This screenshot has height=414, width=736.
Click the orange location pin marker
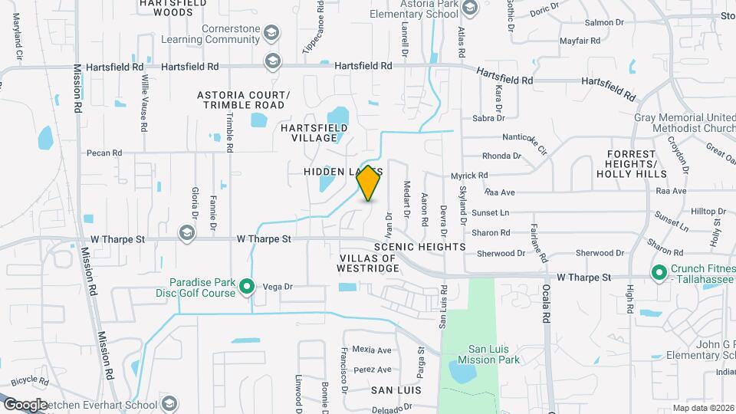point(369,183)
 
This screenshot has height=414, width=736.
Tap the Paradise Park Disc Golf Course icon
point(247,287)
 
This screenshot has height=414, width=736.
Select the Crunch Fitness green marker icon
point(658,272)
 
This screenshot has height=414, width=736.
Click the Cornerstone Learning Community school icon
point(271,33)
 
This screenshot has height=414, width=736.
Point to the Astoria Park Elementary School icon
point(469,8)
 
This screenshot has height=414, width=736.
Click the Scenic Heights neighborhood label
point(420,247)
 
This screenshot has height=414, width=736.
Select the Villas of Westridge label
point(368,263)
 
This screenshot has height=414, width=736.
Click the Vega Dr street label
point(278,287)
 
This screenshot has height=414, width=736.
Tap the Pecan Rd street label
point(104,153)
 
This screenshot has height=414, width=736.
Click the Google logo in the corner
point(25,404)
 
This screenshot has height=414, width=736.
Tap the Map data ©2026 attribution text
point(702,408)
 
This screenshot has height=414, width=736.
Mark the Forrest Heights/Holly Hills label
point(632,163)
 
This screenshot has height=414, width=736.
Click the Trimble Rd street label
point(228,131)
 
